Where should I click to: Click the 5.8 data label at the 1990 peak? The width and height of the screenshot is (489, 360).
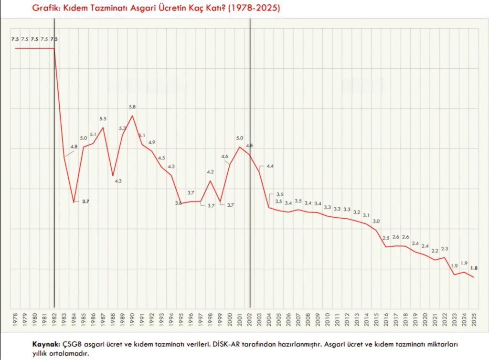tap(132, 107)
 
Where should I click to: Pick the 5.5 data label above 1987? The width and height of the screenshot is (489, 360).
tap(103, 118)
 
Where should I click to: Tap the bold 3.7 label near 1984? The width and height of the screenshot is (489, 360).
tap(86, 201)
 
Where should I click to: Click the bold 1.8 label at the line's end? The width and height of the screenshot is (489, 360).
tap(474, 268)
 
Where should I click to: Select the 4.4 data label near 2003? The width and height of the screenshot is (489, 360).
tap(270, 166)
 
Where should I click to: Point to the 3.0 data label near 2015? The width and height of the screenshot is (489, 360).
tap(376, 222)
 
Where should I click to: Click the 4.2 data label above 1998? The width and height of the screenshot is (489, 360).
tap(210, 172)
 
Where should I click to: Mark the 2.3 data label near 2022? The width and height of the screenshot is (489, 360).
tap(445, 249)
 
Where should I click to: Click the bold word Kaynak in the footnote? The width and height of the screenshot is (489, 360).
tap(46, 344)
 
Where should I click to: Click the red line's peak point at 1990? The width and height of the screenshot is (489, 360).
tap(132, 116)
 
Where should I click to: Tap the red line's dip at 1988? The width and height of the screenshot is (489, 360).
tap(113, 176)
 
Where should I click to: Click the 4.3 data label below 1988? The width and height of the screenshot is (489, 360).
tap(118, 181)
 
